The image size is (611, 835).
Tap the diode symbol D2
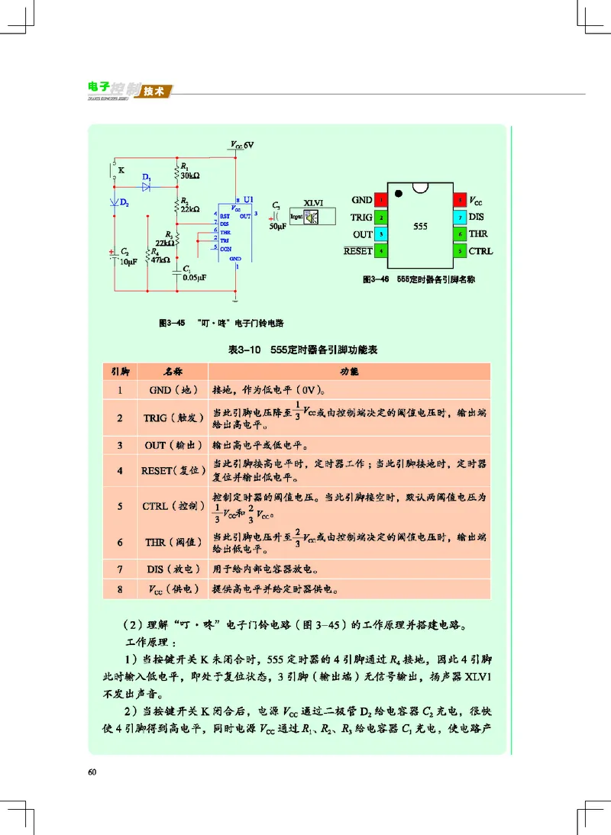coord(115,202)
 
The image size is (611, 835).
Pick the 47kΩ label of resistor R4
coord(160,260)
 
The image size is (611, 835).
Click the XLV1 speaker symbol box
coord(315,217)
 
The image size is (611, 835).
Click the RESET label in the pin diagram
coord(357,250)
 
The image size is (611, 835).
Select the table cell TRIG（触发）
coord(172,418)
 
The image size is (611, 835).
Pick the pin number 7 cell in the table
coord(120,569)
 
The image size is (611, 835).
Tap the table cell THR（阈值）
coord(172,542)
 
